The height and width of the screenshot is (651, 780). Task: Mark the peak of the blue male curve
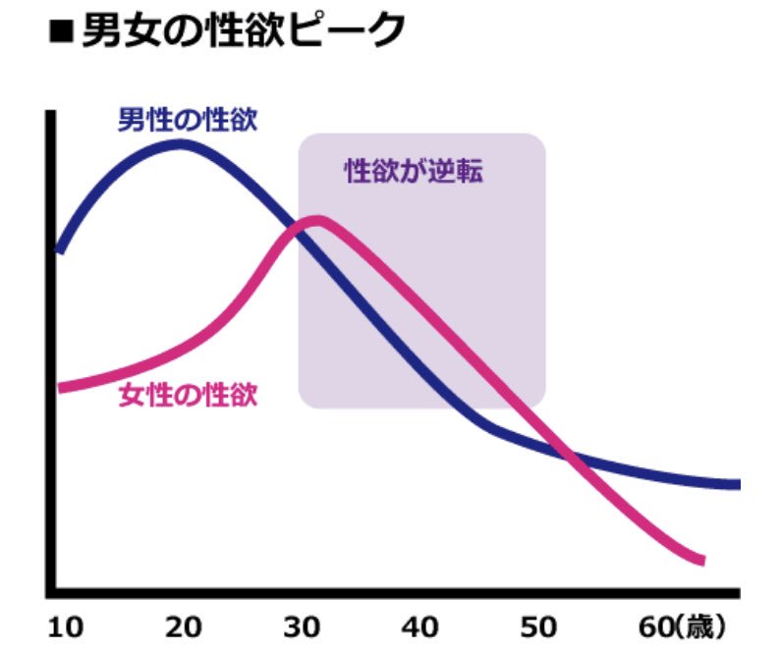click(180, 144)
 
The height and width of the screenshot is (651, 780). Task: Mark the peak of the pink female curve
click(316, 220)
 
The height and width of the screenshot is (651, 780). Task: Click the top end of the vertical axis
click(49, 115)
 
